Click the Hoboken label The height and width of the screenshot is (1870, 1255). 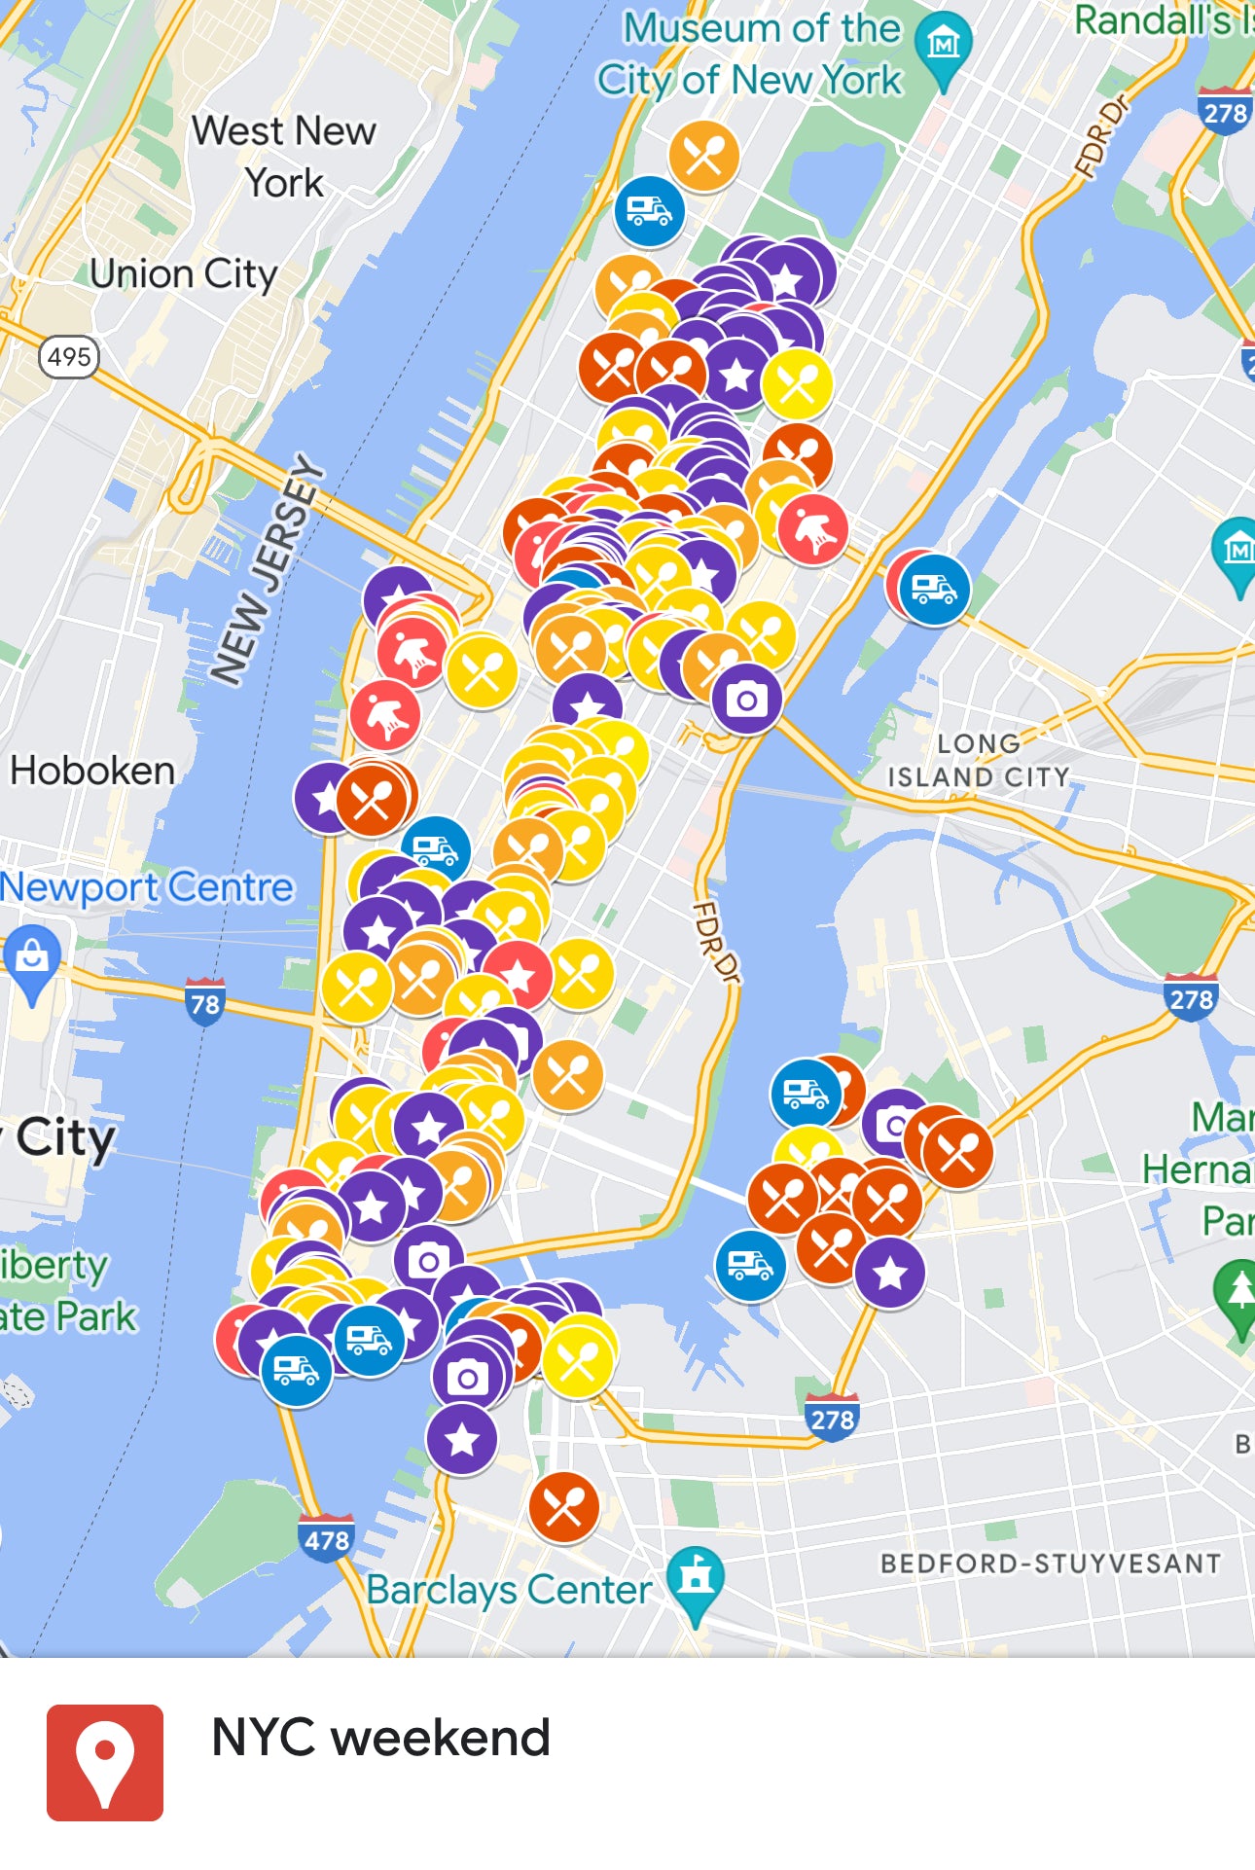tap(92, 771)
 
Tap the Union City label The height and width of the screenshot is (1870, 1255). tap(183, 274)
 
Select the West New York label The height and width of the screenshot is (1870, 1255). tap(284, 156)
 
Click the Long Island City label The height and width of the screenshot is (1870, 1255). tap(978, 760)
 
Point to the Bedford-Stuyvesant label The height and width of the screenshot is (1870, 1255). tap(1051, 1564)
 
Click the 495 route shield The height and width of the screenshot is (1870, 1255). tap(69, 357)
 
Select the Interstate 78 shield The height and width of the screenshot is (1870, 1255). tap(205, 1002)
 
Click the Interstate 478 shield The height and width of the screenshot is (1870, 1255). tap(327, 1539)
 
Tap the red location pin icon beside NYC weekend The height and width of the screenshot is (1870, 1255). tap(105, 1762)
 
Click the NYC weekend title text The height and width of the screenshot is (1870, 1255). tap(380, 1738)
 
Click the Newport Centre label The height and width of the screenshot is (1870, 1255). tap(146, 887)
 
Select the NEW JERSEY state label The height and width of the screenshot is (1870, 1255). tap(267, 569)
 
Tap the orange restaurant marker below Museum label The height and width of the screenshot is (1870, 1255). tap(703, 156)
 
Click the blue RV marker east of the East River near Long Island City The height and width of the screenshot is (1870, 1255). tap(934, 590)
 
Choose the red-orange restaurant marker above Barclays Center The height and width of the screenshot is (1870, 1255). tap(563, 1507)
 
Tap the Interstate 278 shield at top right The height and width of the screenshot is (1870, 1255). tap(1224, 113)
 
